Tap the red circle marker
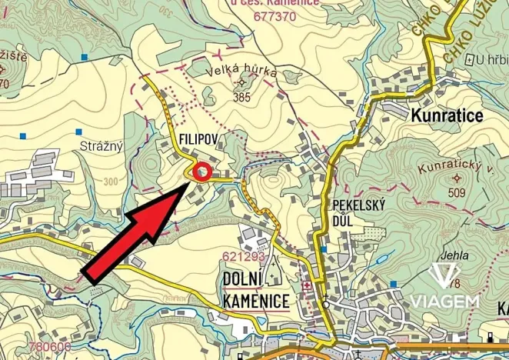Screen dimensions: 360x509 click(201, 172)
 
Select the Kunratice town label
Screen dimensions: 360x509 click(447, 115)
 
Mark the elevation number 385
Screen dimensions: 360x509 click(242, 97)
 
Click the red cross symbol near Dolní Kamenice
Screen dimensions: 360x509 click(308, 287)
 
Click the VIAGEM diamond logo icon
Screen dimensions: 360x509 click(444, 275)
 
